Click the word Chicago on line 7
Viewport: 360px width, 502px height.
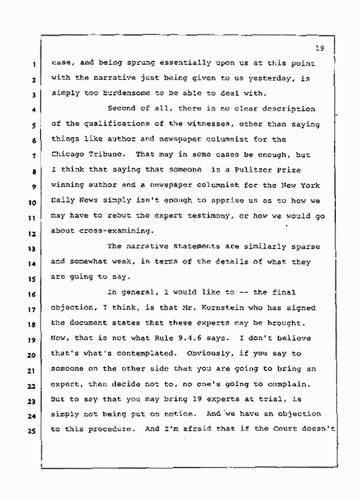[66, 154]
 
